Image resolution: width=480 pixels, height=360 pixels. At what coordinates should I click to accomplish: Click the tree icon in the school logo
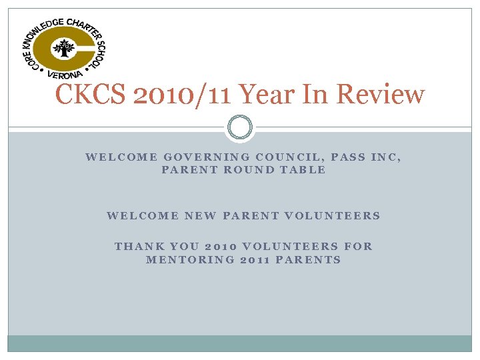tap(64, 49)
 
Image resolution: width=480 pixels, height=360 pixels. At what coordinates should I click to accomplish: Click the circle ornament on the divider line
tap(240, 127)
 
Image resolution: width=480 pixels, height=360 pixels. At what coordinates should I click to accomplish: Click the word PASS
tap(348, 157)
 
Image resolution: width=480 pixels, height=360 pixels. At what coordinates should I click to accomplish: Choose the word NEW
tap(199, 215)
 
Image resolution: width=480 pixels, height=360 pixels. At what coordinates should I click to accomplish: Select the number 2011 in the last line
tap(255, 259)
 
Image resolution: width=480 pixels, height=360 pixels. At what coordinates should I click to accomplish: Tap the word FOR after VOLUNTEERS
tap(359, 246)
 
